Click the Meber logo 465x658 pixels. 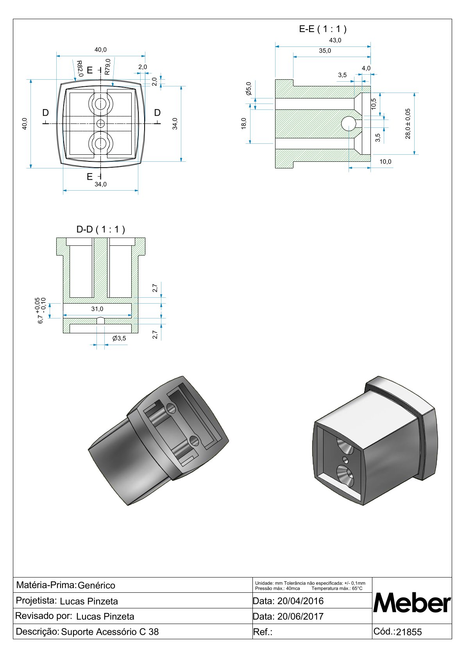(412, 603)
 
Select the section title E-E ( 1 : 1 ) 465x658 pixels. (322, 29)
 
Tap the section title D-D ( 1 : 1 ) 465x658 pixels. (100, 229)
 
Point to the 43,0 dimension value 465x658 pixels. (335, 40)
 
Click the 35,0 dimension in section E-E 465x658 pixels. (325, 51)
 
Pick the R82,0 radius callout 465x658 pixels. (79, 68)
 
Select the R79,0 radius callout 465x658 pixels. (107, 67)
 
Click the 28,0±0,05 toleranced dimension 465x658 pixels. (408, 123)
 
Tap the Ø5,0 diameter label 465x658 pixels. (249, 89)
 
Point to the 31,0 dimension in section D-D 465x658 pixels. (97, 309)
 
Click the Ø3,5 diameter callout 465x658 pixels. (119, 338)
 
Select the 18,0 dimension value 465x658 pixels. (244, 123)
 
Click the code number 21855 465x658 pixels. (409, 632)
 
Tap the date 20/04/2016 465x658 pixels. (300, 601)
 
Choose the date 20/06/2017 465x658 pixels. (300, 617)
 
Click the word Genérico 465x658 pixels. (97, 585)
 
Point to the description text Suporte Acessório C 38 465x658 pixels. (110, 632)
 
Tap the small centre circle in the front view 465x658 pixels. (101, 123)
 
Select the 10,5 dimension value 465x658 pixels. (374, 104)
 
